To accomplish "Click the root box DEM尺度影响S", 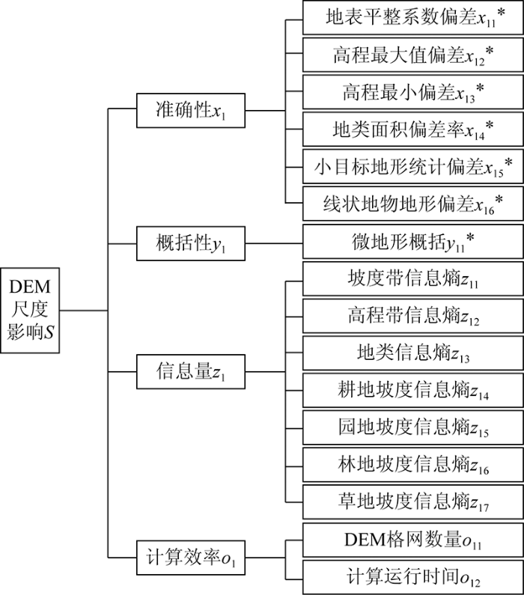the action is pos(30,311).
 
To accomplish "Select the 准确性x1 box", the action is pos(191,111).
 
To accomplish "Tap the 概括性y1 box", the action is pos(191,243).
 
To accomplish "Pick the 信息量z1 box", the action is pos(191,371).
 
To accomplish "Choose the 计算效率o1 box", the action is pos(191,558).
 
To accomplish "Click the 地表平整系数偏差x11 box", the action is pos(412,17).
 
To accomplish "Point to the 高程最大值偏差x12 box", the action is pos(412,55).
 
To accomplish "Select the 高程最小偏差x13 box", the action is pos(412,92).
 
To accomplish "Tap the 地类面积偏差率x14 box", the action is pos(412,129).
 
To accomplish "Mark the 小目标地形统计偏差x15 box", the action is pos(412,166).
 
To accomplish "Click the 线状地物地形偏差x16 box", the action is pos(412,204).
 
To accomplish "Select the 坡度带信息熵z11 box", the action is pos(412,278).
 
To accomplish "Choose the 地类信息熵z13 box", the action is pos(412,353).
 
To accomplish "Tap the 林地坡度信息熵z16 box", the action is pos(412,465).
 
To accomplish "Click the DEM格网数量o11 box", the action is pos(412,540).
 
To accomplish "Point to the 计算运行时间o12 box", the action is pos(412,577).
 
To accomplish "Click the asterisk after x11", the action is pos(501,13).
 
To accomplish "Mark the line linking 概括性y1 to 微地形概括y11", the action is pos(274,243).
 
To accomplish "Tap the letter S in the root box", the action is pos(49,332).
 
